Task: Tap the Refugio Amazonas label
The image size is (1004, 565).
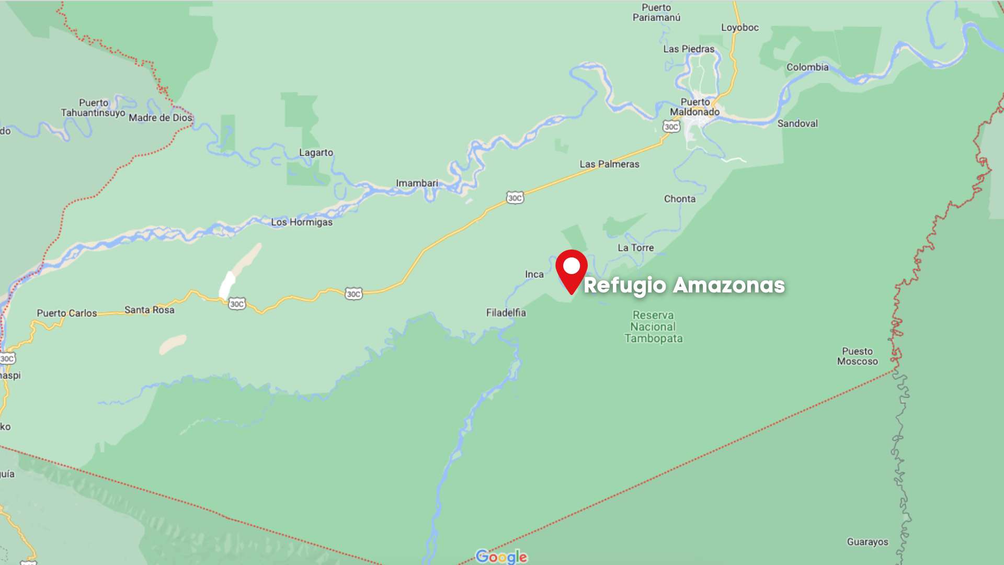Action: click(x=684, y=285)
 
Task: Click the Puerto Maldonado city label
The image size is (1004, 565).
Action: click(x=695, y=107)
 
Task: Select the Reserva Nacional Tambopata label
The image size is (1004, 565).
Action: click(x=653, y=326)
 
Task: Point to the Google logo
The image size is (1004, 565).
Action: click(x=501, y=556)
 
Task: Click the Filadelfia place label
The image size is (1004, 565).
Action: click(x=506, y=313)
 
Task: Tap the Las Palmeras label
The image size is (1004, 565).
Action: click(x=609, y=164)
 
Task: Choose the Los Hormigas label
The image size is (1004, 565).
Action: click(x=301, y=222)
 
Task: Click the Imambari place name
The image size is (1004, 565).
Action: click(x=417, y=183)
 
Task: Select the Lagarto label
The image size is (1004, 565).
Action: click(x=316, y=153)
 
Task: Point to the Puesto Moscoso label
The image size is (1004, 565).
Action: click(x=857, y=356)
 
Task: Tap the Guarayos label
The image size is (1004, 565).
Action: click(x=867, y=542)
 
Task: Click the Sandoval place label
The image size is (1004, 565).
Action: click(x=797, y=123)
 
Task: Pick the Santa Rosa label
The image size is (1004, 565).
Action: click(x=149, y=310)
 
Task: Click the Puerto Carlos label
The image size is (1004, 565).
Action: click(x=66, y=313)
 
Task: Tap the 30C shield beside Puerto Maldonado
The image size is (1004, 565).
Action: click(x=671, y=127)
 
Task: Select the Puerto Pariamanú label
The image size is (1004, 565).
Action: click(x=656, y=13)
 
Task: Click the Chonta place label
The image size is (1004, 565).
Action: click(x=679, y=199)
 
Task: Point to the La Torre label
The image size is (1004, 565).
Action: click(x=635, y=248)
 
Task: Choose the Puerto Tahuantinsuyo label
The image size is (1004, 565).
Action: click(x=93, y=108)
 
